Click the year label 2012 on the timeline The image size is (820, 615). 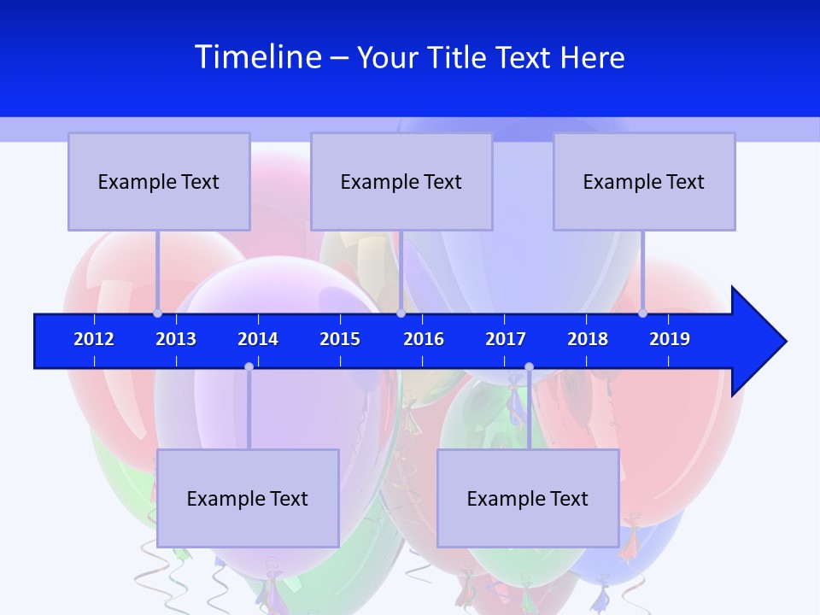coord(94,339)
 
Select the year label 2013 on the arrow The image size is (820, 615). coord(176,339)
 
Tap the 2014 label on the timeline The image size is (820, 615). coord(258,339)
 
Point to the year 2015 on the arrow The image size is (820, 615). coord(340,339)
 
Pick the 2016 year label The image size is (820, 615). coord(424,339)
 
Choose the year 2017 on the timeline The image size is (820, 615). coord(506,339)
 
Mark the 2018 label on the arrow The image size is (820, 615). coord(588,339)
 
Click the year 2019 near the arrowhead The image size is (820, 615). coord(670,339)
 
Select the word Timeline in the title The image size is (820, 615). coord(258,57)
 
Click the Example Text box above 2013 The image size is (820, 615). coord(159,181)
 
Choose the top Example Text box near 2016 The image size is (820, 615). coord(401,181)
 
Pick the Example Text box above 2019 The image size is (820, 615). coord(644,181)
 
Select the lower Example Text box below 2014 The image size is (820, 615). coord(248,498)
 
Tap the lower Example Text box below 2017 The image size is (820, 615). coord(528,498)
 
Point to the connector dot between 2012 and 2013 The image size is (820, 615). coord(157,313)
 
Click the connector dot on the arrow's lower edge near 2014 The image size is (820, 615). coord(249,367)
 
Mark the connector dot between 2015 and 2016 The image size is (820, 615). coord(401,313)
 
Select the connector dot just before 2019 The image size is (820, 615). coord(642,313)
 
